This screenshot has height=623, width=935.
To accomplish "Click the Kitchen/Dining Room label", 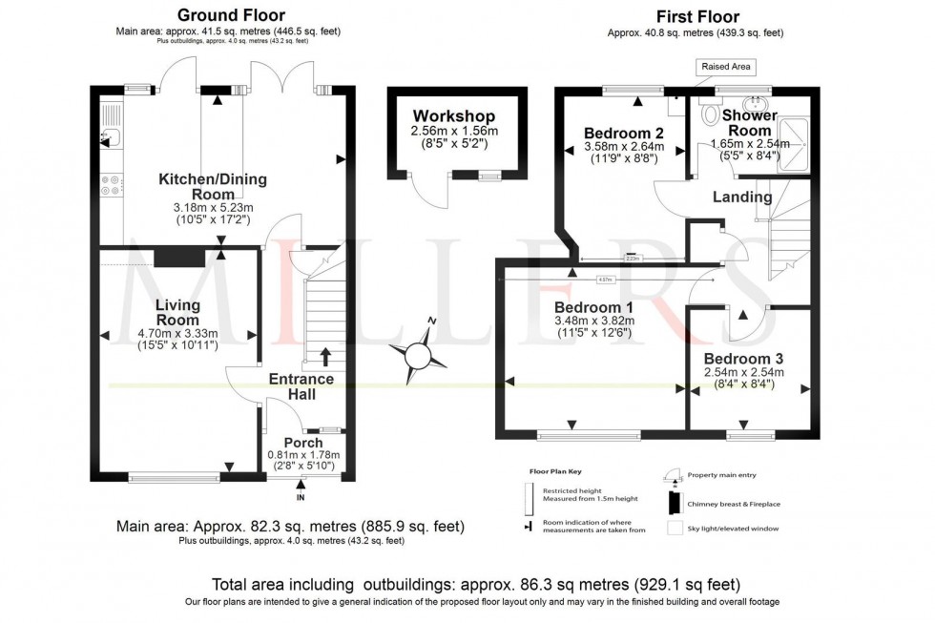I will click(x=212, y=186).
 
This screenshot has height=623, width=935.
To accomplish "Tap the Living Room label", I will click(x=178, y=312).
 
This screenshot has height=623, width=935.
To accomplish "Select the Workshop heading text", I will click(x=454, y=115).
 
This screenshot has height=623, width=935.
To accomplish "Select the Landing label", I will click(x=742, y=197).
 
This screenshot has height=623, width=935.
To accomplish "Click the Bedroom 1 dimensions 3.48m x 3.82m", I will click(x=593, y=322).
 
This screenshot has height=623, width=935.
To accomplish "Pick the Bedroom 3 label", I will click(x=743, y=357).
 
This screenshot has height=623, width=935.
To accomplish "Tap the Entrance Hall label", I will click(x=301, y=386).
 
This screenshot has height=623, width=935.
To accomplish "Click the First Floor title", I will click(x=696, y=16).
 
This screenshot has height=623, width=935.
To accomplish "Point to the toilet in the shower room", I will click(x=711, y=114).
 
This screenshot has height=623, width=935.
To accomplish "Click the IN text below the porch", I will click(x=301, y=498).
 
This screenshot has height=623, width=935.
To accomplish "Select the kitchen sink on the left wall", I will click(x=109, y=136).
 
